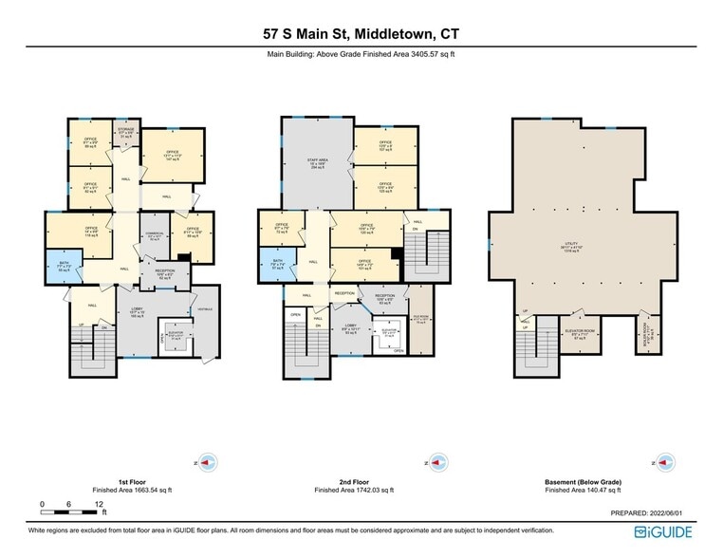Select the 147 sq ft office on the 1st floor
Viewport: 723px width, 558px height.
tap(172, 157)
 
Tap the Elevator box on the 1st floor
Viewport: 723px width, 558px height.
tap(174, 336)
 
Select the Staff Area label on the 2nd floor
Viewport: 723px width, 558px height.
tap(315, 163)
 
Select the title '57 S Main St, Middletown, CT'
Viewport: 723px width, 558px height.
tap(361, 34)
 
